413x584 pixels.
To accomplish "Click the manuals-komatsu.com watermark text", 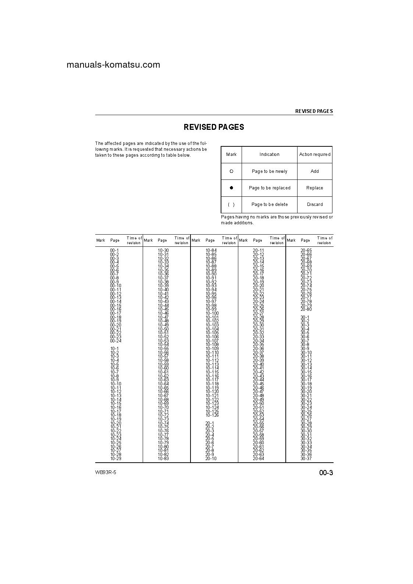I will (113, 65).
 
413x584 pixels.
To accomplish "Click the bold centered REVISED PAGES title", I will (214, 127).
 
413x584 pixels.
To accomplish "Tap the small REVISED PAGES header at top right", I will (314, 111).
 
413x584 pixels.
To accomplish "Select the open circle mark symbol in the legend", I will (231, 171).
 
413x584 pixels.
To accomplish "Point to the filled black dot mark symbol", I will (231, 188).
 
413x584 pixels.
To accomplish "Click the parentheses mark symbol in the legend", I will (231, 204).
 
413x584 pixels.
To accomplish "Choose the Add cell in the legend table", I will (314, 171).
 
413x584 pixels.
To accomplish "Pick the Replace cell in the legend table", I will (314, 188).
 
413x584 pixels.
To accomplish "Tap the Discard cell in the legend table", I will (314, 204).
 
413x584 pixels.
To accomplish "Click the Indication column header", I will (269, 154).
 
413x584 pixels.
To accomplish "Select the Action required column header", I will (314, 154).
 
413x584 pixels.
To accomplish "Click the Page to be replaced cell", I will (269, 188).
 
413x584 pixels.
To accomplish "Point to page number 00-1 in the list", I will (114, 250).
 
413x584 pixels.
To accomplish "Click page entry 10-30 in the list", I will (163, 250).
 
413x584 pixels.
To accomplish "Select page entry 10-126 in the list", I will (212, 415).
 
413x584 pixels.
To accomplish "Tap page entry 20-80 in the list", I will (306, 309).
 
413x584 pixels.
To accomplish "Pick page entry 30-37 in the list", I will (306, 459).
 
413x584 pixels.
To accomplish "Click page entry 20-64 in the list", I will (258, 459).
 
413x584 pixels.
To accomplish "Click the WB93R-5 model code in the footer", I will (106, 473).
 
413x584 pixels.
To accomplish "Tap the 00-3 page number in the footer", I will (326, 473).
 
